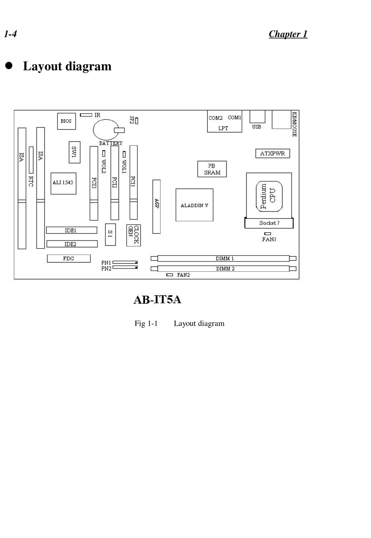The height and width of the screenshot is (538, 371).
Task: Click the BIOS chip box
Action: (66, 121)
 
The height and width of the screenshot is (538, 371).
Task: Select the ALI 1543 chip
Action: (63, 183)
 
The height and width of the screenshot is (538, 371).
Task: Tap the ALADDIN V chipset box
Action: (194, 205)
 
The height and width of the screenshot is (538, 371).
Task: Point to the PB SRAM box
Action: (212, 169)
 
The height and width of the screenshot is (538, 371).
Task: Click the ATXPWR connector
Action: (273, 154)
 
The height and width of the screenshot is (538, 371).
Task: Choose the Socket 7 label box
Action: (269, 223)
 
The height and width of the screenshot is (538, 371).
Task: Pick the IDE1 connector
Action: (71, 230)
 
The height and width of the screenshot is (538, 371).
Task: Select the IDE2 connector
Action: (72, 244)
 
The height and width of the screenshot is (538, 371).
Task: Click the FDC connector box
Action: (69, 258)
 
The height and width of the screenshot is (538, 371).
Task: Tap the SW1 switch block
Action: (74, 152)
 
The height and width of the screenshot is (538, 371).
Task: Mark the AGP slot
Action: (156, 206)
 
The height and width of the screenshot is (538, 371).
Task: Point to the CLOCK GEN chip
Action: (133, 235)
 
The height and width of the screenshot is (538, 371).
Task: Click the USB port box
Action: (257, 117)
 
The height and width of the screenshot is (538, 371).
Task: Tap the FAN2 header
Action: (169, 275)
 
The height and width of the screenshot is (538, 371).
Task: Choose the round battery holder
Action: (105, 129)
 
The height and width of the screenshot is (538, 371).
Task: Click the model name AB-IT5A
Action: (157, 299)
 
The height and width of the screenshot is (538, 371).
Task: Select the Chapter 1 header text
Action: (288, 34)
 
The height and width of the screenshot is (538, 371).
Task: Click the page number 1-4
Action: (11, 34)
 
